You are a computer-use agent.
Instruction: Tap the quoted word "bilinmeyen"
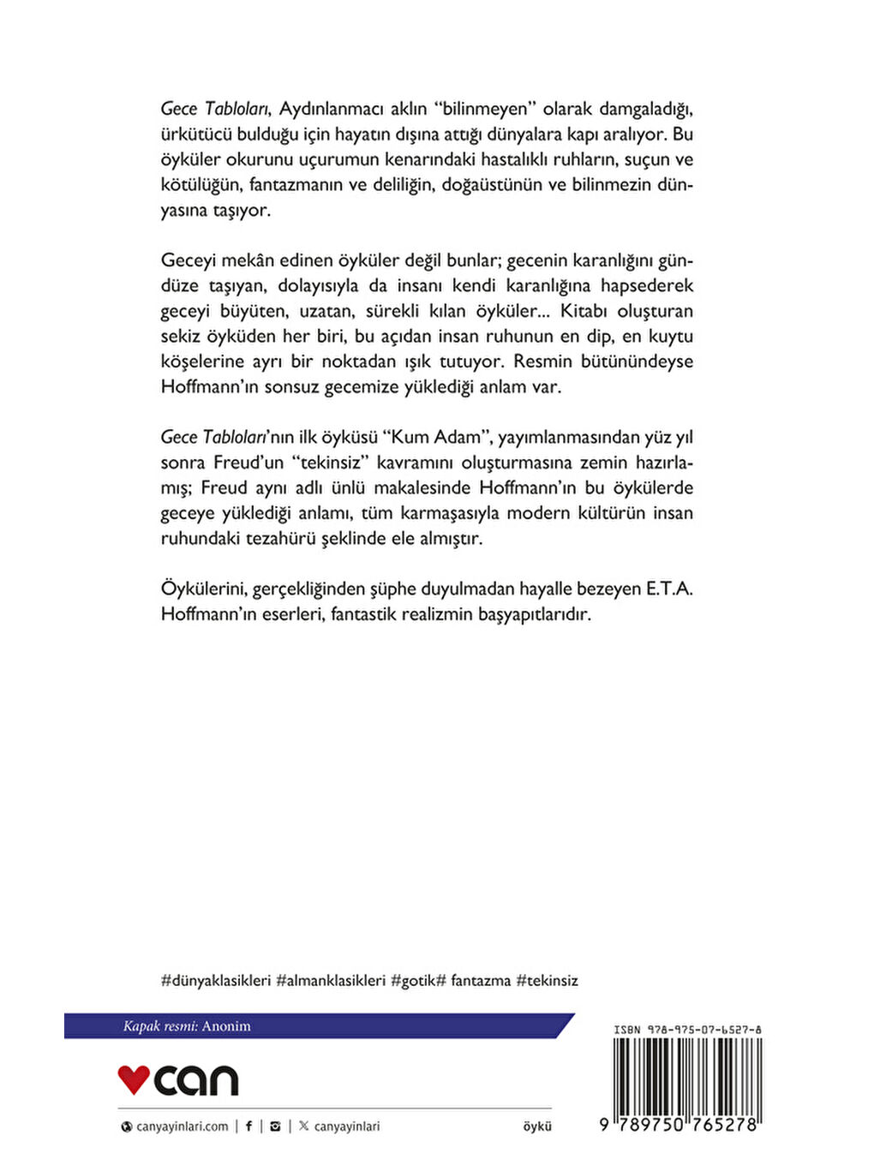pos(485,109)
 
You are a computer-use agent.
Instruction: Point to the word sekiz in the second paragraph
pos(181,336)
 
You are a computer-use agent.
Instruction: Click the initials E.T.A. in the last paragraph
pos(669,588)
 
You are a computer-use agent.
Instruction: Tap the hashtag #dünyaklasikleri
pos(216,980)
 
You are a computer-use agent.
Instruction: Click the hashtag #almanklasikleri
pos(331,980)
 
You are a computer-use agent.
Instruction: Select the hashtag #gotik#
pos(418,980)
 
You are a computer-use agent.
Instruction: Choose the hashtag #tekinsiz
pos(547,980)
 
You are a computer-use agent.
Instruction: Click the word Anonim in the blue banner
pos(226,1026)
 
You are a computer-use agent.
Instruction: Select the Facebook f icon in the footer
pos(249,1126)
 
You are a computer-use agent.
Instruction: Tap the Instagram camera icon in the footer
pos(275,1126)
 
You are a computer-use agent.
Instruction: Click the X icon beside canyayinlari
pos(303,1126)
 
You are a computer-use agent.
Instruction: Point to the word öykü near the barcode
pos(537,1126)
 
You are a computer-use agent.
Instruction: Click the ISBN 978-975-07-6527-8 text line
pos(687,1030)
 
